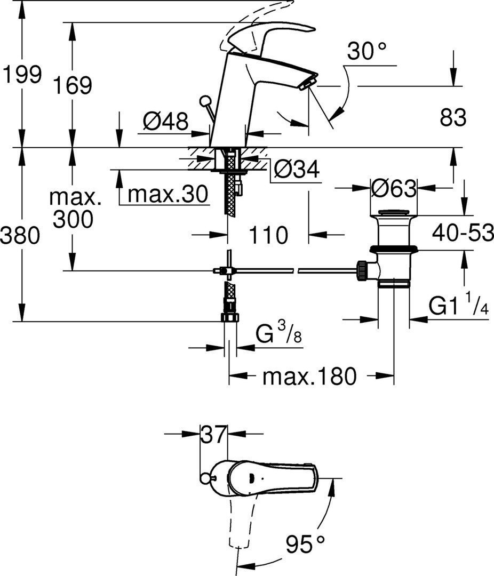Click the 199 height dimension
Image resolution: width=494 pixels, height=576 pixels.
[21, 74]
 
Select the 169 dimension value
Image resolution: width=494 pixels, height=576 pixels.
[72, 85]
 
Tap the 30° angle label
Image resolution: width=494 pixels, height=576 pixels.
[366, 52]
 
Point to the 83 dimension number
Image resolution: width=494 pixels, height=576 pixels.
[453, 117]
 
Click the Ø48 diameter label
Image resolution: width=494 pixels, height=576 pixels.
[165, 123]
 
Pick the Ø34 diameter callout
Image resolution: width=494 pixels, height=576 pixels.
[296, 170]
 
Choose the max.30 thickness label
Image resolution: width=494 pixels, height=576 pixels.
[168, 195]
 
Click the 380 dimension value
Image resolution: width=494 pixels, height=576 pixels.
[20, 235]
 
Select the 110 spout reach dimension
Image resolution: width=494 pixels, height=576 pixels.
[268, 234]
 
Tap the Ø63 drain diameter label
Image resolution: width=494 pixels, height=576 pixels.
[394, 188]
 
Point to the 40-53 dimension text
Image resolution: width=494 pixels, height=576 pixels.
[462, 233]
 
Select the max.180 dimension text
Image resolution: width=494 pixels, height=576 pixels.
[309, 377]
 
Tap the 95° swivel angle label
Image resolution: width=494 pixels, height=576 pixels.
[305, 545]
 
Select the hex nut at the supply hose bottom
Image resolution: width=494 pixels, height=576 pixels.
[230, 317]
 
